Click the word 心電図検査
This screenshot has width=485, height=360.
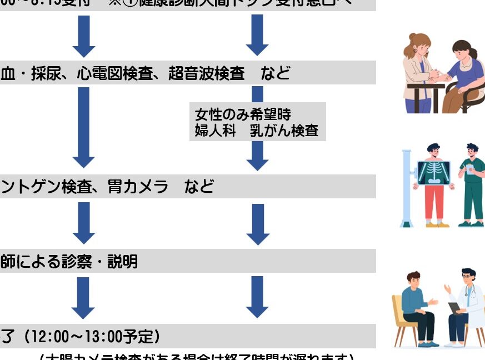(114, 73)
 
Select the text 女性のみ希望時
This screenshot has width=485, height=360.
(243, 115)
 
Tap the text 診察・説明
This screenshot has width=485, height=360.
(107, 261)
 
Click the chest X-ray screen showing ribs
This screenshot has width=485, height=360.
(433, 172)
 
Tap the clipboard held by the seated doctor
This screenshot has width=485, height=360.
(454, 307)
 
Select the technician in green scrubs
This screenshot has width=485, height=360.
(471, 186)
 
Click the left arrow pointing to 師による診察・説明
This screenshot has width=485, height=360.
(84, 222)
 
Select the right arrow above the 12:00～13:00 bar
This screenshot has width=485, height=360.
(257, 297)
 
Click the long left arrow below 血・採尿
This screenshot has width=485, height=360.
(84, 128)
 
